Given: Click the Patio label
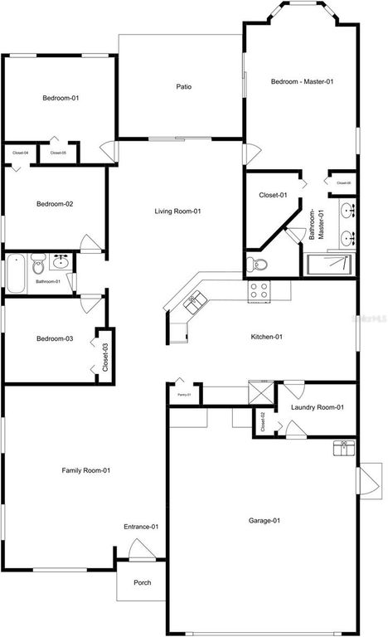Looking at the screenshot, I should (184, 86).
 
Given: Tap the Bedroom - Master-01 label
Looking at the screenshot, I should (302, 81).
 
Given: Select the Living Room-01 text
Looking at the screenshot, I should (178, 212).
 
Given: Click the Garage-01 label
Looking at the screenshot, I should (264, 521).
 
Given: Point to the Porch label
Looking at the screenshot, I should (143, 582).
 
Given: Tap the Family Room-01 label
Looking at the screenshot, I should (86, 470).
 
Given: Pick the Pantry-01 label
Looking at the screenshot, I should (183, 395).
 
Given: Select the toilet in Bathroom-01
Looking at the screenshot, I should (38, 266).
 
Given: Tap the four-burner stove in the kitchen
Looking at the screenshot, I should (259, 290).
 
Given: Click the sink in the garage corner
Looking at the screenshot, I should (343, 449).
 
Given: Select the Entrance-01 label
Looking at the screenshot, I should (142, 527).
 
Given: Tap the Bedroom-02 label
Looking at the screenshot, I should (55, 203).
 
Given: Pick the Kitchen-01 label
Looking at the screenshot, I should (268, 337).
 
